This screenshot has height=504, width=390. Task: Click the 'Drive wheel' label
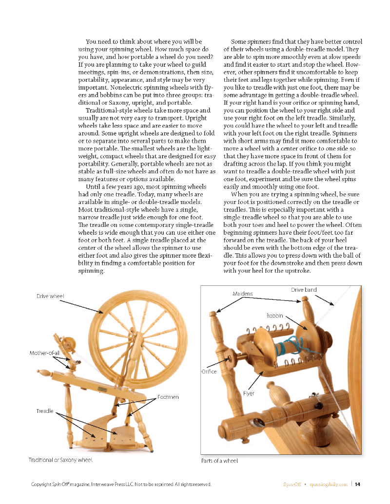click(50, 296)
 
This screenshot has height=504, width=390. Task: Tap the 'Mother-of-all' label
click(45, 353)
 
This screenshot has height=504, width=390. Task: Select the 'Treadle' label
click(45, 411)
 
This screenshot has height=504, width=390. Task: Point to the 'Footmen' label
click(168, 397)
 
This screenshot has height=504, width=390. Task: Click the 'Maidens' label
click(243, 294)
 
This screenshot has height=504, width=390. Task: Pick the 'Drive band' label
click(304, 290)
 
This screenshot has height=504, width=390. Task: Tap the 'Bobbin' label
click(274, 316)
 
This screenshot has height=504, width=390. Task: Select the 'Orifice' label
click(209, 372)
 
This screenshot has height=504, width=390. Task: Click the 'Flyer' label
click(249, 393)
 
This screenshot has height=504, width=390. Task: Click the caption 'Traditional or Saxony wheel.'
click(61, 459)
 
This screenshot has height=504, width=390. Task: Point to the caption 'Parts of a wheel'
click(220, 460)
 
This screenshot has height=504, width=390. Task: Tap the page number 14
click(357, 484)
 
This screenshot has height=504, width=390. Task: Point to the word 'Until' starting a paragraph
click(93, 187)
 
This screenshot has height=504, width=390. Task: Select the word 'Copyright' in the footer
click(40, 484)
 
